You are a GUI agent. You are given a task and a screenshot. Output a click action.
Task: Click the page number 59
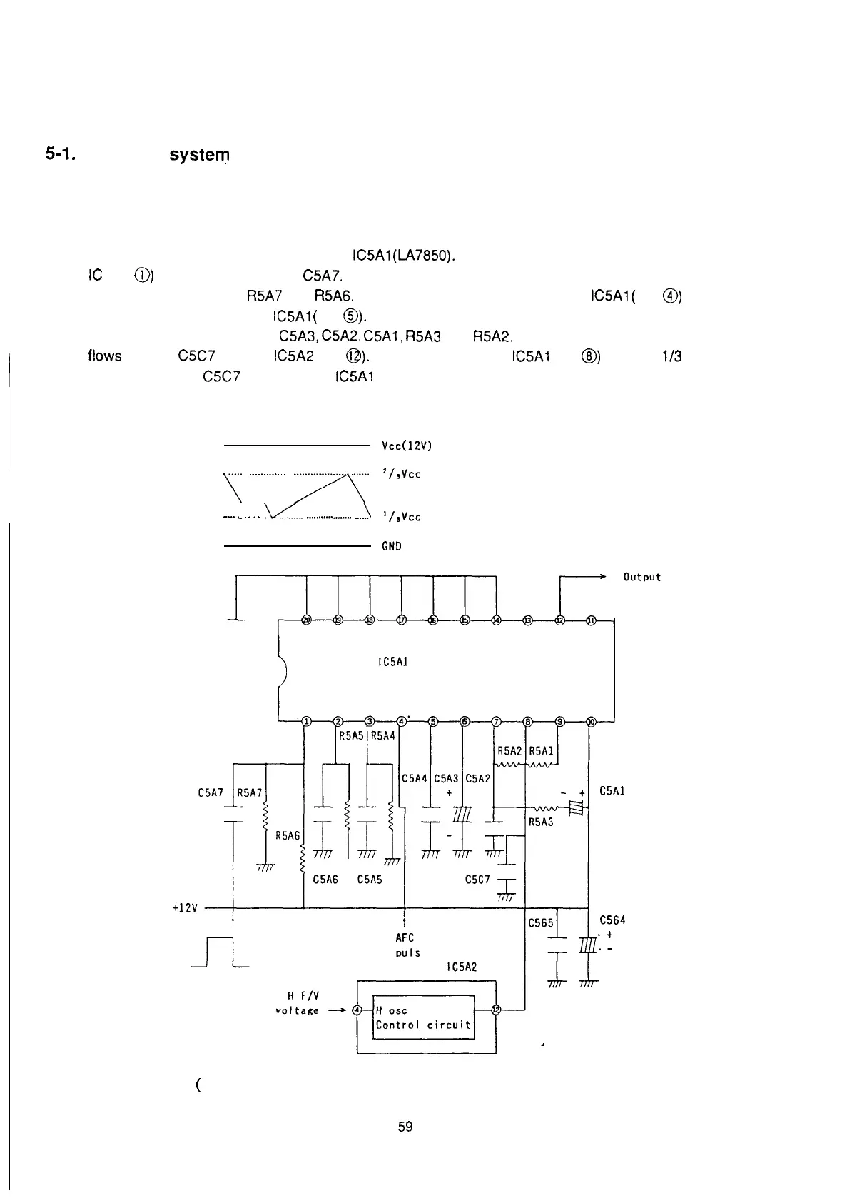pyautogui.click(x=405, y=1127)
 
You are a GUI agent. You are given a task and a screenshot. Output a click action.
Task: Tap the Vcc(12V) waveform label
pyautogui.click(x=407, y=446)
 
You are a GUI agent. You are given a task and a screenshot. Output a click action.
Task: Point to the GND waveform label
pyautogui.click(x=392, y=546)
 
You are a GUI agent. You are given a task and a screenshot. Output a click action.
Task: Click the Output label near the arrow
pyautogui.click(x=641, y=577)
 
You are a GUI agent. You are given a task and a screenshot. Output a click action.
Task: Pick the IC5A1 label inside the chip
pyautogui.click(x=392, y=662)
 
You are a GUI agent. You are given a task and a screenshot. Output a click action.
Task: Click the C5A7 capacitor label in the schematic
pyautogui.click(x=211, y=792)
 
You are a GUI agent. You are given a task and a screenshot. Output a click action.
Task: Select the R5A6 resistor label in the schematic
pyautogui.click(x=288, y=835)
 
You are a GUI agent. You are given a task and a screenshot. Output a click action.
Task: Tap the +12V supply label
pyautogui.click(x=185, y=908)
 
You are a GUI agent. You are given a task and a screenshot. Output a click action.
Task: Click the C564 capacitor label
pyautogui.click(x=612, y=920)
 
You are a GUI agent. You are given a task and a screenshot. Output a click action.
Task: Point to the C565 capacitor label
pyautogui.click(x=540, y=922)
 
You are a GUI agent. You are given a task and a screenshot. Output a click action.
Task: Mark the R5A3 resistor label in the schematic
pyautogui.click(x=541, y=822)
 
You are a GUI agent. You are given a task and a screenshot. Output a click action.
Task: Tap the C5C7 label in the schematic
pyautogui.click(x=477, y=880)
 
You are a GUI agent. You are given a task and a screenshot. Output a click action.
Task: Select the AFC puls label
pyautogui.click(x=407, y=945)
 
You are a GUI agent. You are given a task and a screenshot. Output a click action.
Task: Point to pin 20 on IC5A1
pyautogui.click(x=306, y=620)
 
